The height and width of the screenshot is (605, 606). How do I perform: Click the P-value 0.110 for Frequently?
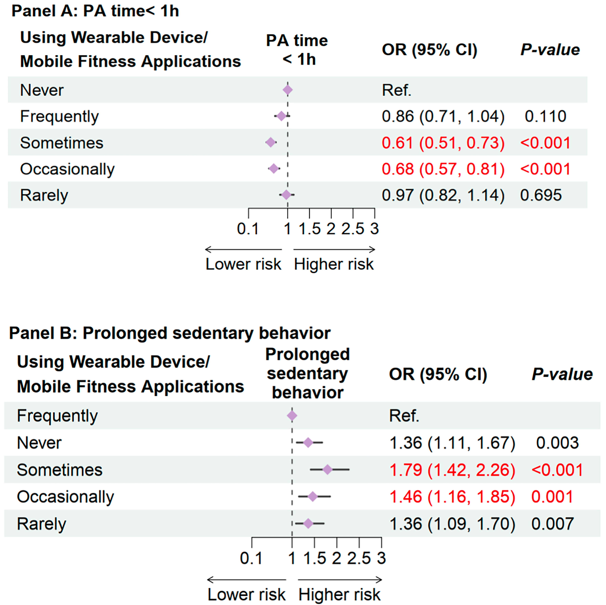point(545,116)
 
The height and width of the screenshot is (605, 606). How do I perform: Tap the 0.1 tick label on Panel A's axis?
point(248,229)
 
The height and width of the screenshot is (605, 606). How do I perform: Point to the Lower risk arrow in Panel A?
point(243,250)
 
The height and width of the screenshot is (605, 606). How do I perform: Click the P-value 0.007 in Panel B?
point(552,524)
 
